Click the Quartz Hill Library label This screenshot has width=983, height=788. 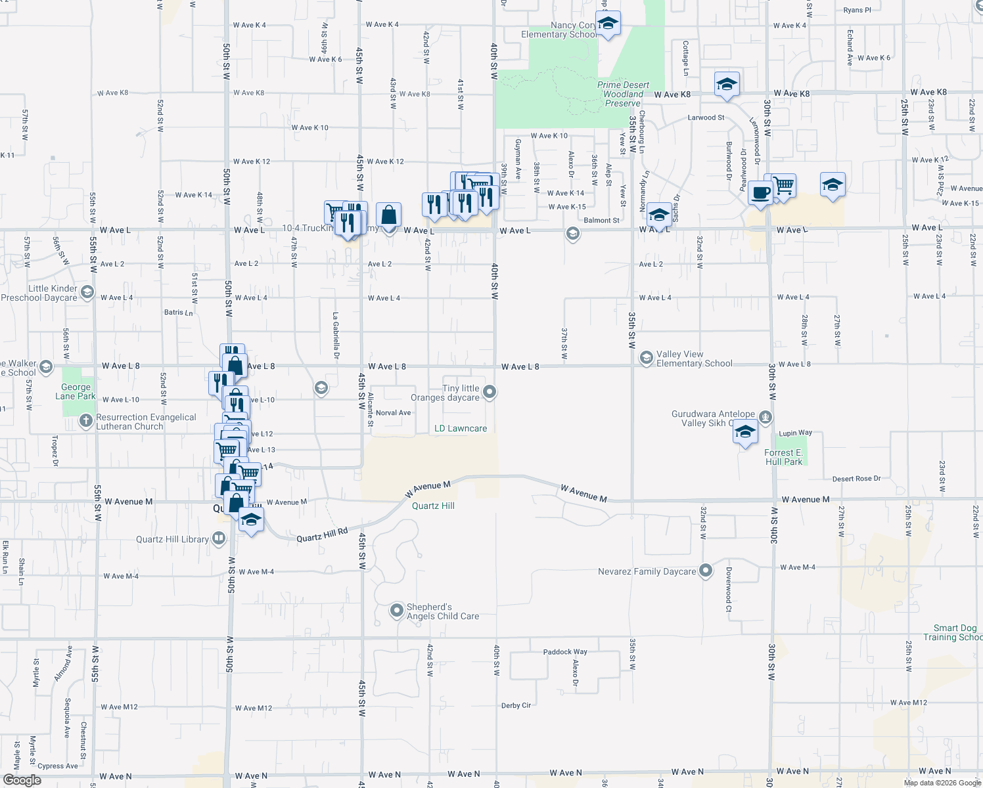click(172, 540)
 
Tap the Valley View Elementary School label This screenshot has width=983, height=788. click(694, 359)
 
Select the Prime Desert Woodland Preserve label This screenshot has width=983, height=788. click(623, 95)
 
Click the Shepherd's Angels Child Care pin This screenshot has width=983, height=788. click(396, 611)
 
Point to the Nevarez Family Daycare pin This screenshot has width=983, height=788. click(706, 571)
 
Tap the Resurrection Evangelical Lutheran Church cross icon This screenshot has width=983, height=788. click(85, 421)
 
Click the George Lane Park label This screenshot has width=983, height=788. click(76, 392)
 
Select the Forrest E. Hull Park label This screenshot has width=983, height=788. click(783, 457)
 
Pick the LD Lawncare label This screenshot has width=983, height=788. click(461, 429)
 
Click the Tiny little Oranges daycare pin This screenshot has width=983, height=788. click(490, 392)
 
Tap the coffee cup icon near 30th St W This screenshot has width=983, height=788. click(760, 193)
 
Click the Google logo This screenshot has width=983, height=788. click(22, 779)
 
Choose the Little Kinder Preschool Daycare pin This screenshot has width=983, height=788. click(87, 292)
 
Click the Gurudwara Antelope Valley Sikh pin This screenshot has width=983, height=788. click(765, 416)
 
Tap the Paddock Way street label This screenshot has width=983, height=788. click(565, 652)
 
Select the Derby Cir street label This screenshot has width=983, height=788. click(516, 705)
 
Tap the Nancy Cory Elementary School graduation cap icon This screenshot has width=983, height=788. click(608, 24)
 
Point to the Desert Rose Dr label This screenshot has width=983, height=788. click(856, 479)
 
